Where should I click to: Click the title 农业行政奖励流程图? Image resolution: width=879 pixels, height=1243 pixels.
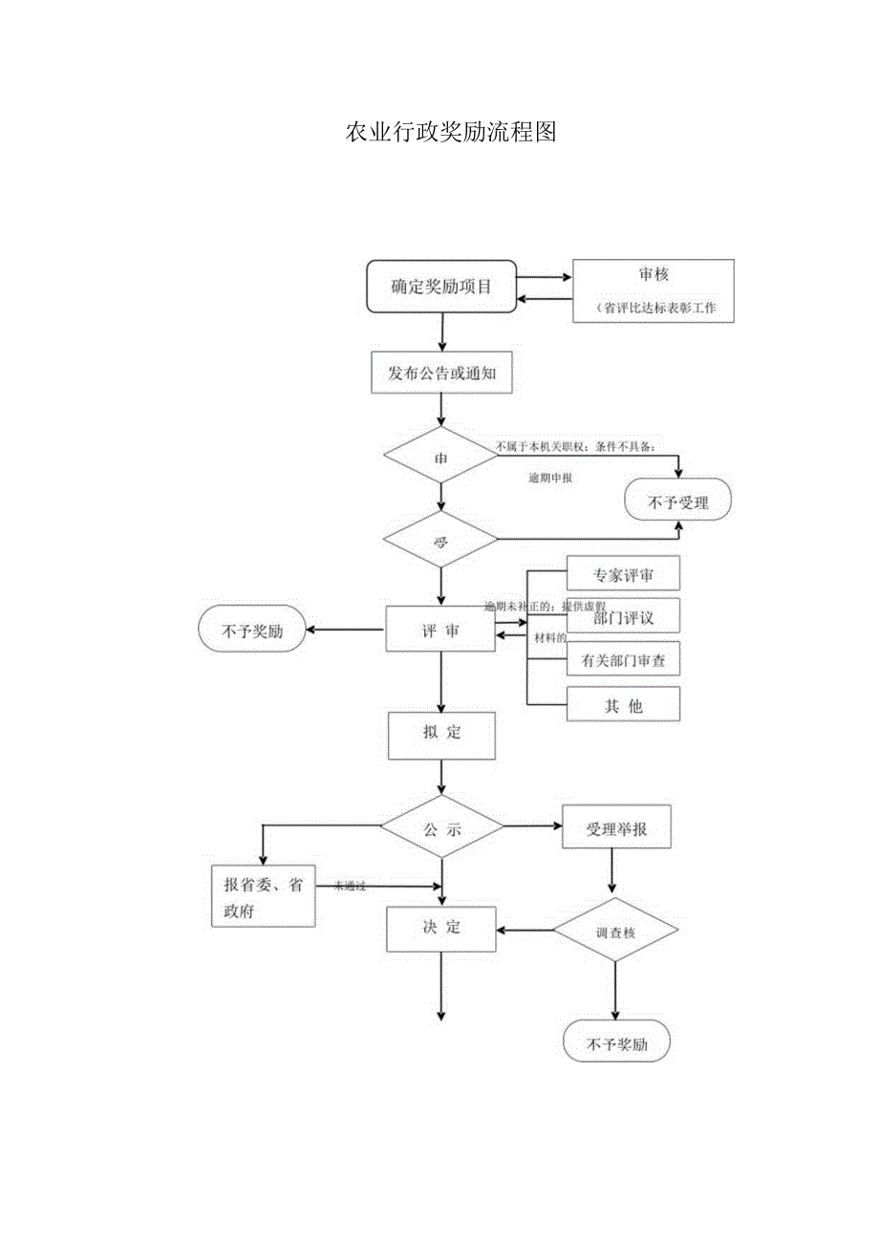[x=451, y=133]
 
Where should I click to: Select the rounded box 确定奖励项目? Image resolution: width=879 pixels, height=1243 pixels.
[x=441, y=286]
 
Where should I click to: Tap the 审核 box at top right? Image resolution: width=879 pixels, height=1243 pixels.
[x=654, y=290]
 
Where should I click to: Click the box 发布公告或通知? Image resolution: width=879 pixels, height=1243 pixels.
[x=441, y=374]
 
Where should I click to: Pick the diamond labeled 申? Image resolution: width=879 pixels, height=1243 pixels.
[x=440, y=457]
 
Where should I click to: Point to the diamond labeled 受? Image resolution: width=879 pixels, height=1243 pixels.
[x=440, y=541]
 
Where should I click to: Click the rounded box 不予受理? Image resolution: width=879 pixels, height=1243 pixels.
[x=678, y=502]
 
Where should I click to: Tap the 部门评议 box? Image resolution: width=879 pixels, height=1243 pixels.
[x=623, y=618]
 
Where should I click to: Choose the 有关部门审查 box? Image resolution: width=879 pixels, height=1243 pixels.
[x=623, y=660]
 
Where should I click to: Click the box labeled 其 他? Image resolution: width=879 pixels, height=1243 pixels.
[x=623, y=705]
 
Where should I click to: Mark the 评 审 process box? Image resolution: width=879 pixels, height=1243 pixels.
[x=440, y=630]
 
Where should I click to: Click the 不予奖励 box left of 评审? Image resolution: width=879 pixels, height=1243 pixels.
[x=252, y=631]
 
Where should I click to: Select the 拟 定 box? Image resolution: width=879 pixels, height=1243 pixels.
[x=441, y=734]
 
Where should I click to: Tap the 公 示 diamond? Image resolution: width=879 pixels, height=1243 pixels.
[x=441, y=826]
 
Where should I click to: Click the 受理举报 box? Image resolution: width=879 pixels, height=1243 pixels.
[x=616, y=828]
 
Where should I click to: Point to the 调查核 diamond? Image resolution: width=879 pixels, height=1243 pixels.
[x=615, y=931]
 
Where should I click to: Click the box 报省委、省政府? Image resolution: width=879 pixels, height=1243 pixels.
[x=263, y=896]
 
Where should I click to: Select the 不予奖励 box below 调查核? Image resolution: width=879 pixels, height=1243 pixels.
[x=616, y=1042]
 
